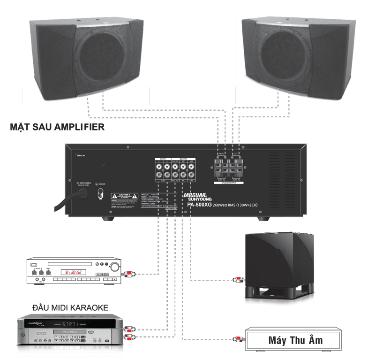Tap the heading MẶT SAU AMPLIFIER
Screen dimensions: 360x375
coord(57,127)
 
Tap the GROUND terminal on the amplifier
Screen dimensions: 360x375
coord(99,193)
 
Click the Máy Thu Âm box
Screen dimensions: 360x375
coord(295,340)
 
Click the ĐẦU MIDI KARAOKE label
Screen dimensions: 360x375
coord(71,307)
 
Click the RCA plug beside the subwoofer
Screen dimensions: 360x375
coord(238,280)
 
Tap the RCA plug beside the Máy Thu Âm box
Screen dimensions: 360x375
coord(238,338)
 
